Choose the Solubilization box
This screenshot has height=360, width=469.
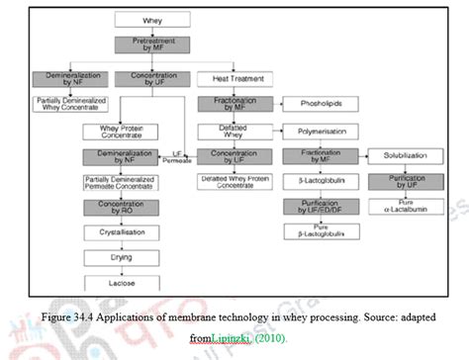[398, 156]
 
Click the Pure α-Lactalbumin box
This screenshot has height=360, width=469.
[398, 206]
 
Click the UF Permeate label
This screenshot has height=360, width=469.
[179, 156]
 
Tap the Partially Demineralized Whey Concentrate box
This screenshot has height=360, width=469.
[59, 103]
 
